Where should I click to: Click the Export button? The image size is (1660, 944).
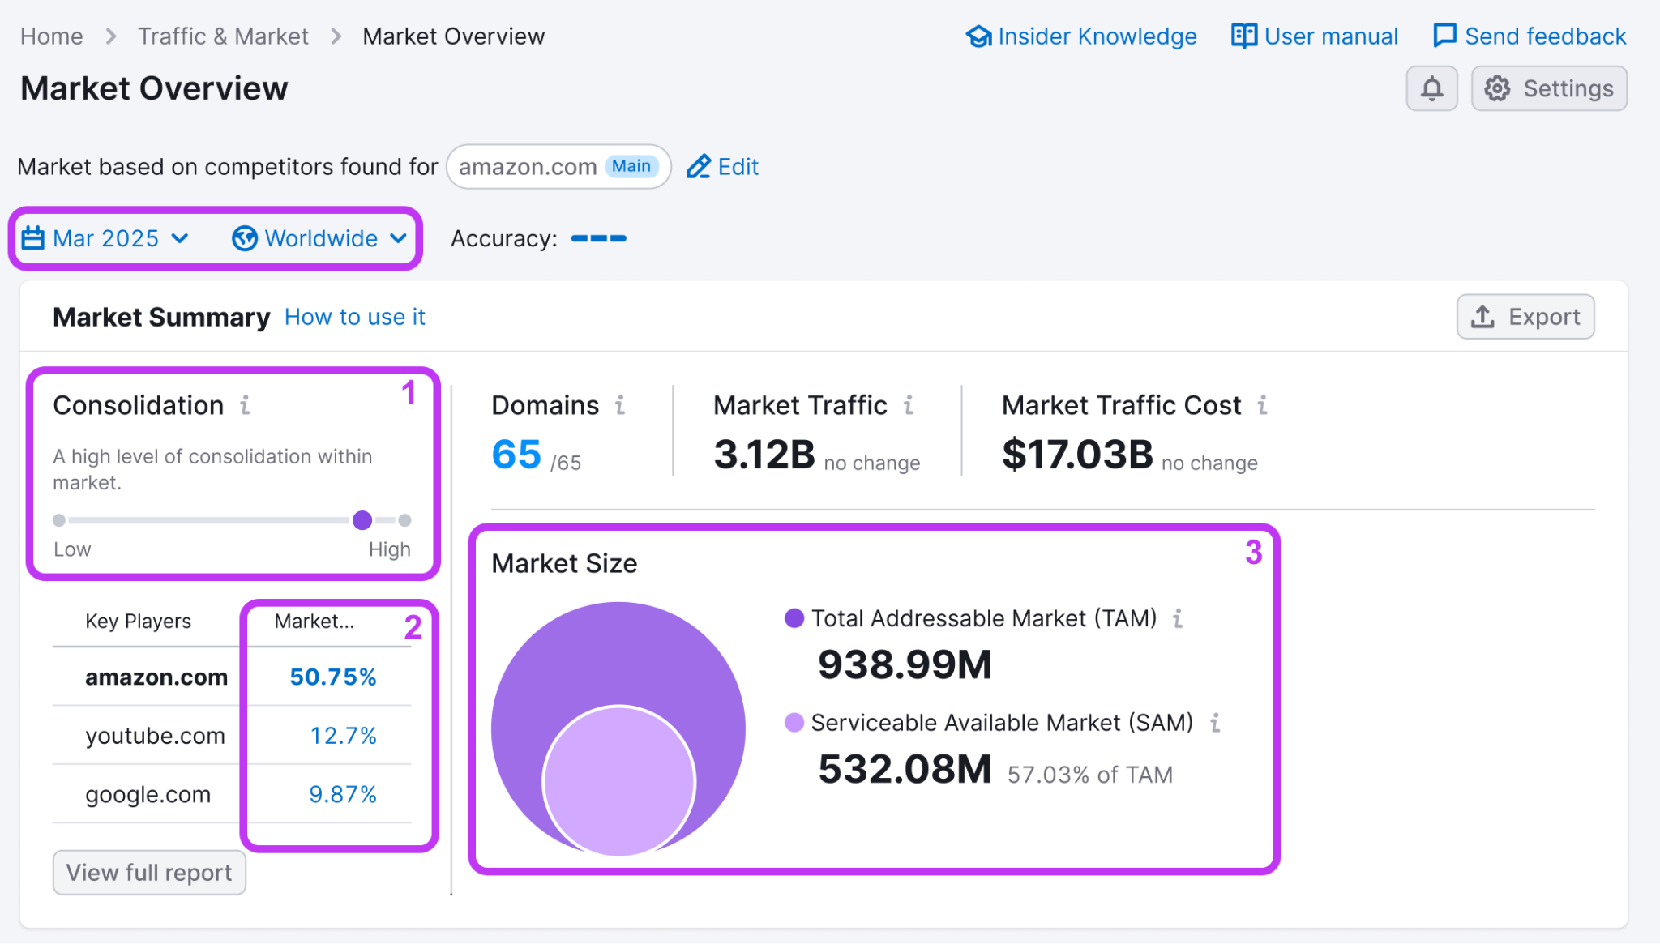click(x=1525, y=317)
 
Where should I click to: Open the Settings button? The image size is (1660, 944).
click(x=1548, y=88)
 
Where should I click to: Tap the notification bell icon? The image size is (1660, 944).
click(x=1431, y=88)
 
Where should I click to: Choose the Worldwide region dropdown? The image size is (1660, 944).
click(x=319, y=238)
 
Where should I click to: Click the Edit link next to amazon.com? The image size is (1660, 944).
click(x=722, y=167)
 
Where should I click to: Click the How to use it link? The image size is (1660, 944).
click(x=354, y=317)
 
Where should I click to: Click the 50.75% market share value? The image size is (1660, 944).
click(x=333, y=677)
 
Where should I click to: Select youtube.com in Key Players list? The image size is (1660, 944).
click(x=155, y=736)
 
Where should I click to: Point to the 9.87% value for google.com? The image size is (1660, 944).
click(x=343, y=794)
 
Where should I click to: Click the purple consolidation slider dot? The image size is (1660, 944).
click(x=362, y=520)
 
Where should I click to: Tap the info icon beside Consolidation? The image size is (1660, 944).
click(x=245, y=405)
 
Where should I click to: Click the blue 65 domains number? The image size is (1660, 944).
click(x=516, y=455)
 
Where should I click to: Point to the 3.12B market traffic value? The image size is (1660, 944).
click(x=764, y=455)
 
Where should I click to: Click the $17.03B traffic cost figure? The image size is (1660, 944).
click(x=1076, y=455)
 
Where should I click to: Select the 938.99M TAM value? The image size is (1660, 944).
click(x=905, y=664)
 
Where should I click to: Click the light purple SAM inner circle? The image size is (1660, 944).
click(x=618, y=781)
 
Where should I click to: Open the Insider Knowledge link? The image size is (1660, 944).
click(x=1081, y=36)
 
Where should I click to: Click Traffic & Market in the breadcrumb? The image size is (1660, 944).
click(x=223, y=36)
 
